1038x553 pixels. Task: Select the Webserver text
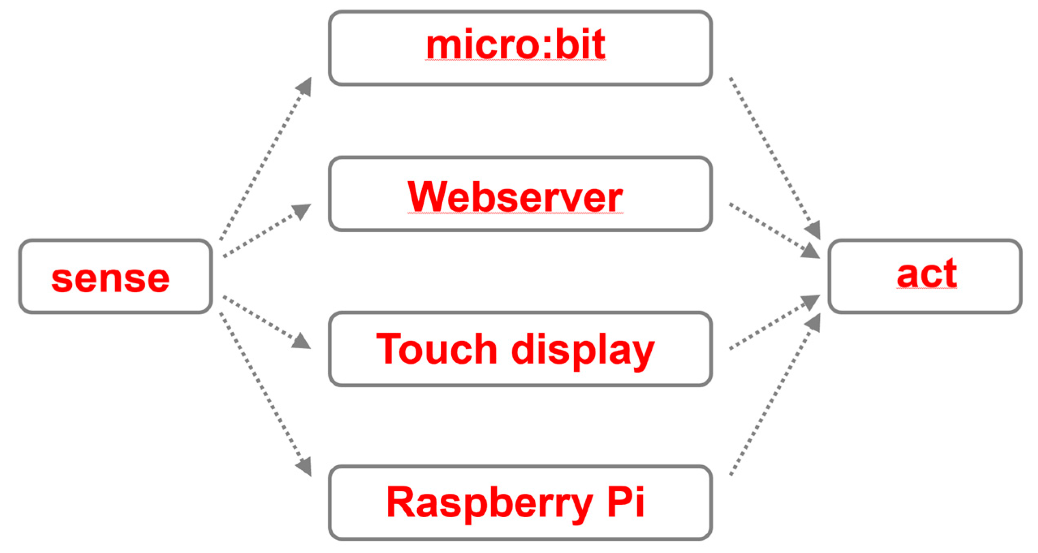(515, 197)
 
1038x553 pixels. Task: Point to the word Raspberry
(489, 503)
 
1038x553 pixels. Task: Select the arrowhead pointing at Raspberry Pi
(304, 467)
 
